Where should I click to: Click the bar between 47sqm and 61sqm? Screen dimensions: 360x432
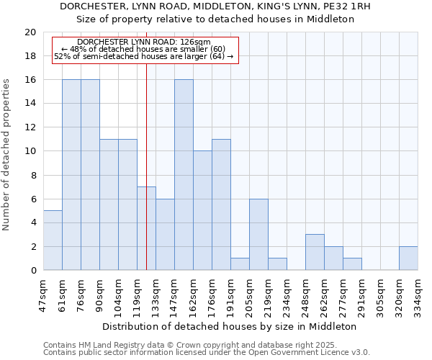point(53,240)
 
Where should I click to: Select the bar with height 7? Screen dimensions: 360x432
point(146,228)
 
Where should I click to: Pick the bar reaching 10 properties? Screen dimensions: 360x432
point(202,210)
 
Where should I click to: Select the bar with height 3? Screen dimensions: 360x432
point(315,252)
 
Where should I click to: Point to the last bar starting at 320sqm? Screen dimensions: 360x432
point(408,258)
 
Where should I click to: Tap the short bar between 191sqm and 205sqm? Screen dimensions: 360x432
point(240,264)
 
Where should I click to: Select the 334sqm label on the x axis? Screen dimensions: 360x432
point(418,294)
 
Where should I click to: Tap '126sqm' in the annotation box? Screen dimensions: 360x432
point(196,42)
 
